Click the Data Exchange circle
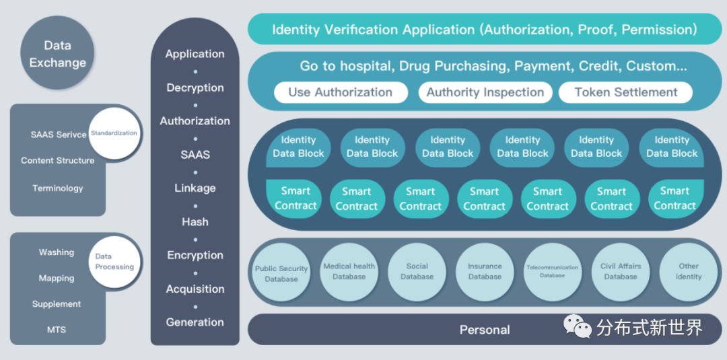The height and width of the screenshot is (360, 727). tap(57, 54)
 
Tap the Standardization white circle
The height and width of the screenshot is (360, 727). tap(114, 133)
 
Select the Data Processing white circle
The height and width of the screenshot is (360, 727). tap(114, 262)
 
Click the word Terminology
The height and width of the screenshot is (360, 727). tap(58, 188)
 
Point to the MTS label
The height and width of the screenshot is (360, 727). tap(57, 330)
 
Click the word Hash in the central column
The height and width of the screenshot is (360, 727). tap(195, 221)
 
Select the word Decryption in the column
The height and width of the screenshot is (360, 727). tap(195, 87)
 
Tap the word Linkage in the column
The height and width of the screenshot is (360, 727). tap(195, 188)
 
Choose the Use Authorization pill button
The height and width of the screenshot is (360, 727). tap(340, 92)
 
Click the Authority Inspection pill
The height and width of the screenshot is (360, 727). tap(485, 92)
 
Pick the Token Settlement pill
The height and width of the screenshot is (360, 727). tap(625, 92)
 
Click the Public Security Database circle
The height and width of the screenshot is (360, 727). tap(281, 273)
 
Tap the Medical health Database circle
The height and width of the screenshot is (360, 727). tap(349, 271)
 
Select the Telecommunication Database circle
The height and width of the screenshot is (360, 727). tap(552, 271)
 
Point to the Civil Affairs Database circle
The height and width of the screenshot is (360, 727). tap(620, 271)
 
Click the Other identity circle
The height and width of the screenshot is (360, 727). tap(689, 271)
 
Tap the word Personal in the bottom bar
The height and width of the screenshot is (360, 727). tap(484, 330)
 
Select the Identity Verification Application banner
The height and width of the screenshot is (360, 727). tap(484, 30)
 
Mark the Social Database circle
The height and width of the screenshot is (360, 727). tap(417, 271)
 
